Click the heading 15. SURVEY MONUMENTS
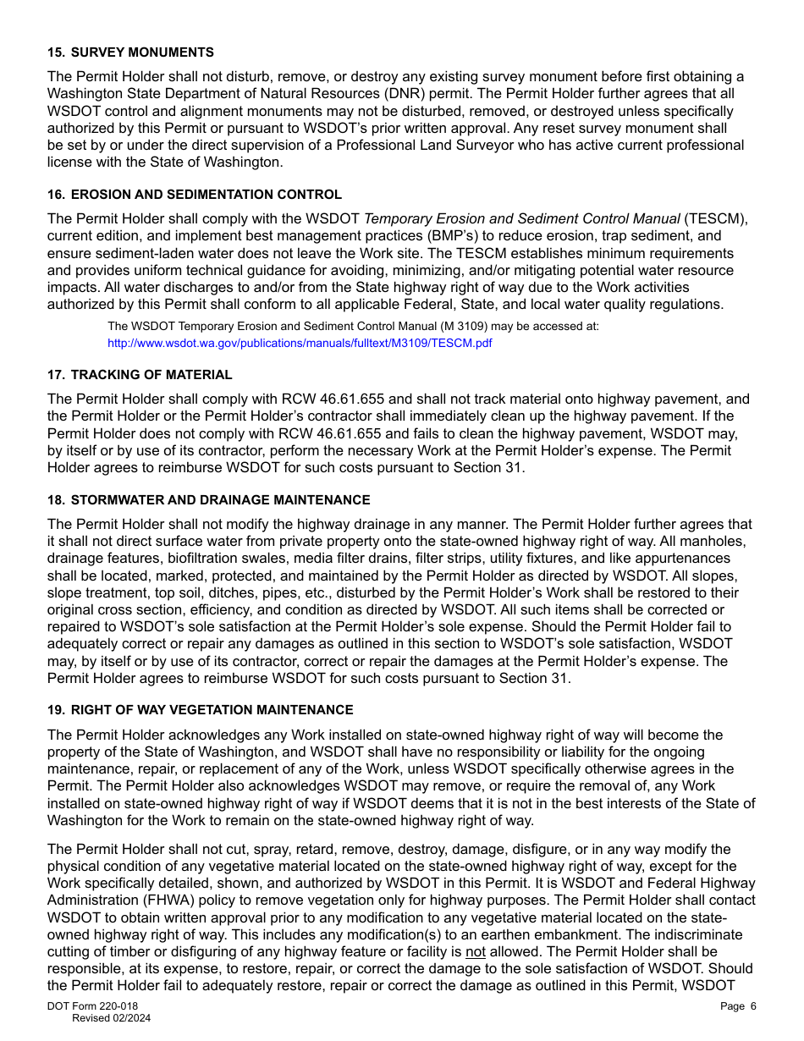pyautogui.click(x=130, y=52)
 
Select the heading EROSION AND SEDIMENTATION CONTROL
pyautogui.click(x=207, y=195)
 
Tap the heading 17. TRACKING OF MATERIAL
pyautogui.click(x=140, y=375)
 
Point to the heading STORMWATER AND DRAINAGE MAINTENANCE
pyautogui.click(x=220, y=500)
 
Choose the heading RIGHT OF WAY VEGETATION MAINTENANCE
pyautogui.click(x=212, y=710)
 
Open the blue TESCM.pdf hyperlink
pyautogui.click(x=300, y=343)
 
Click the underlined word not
pyautogui.click(x=476, y=951)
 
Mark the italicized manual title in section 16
pyautogui.click(x=521, y=219)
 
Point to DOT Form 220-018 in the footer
pyautogui.click(x=92, y=1006)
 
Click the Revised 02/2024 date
pyautogui.click(x=111, y=1018)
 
